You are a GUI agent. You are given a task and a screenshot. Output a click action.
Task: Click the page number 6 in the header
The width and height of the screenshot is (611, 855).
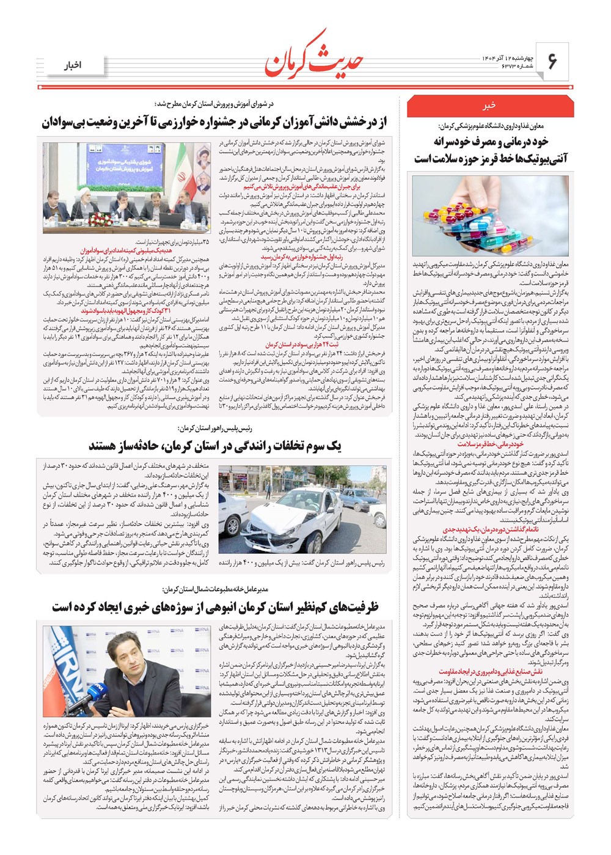[x=552, y=61]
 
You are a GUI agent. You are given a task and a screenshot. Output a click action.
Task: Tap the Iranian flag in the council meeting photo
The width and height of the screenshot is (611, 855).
[x=184, y=177]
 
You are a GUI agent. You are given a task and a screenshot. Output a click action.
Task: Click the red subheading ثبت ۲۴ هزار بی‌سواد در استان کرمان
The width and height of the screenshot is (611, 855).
[x=293, y=344]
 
